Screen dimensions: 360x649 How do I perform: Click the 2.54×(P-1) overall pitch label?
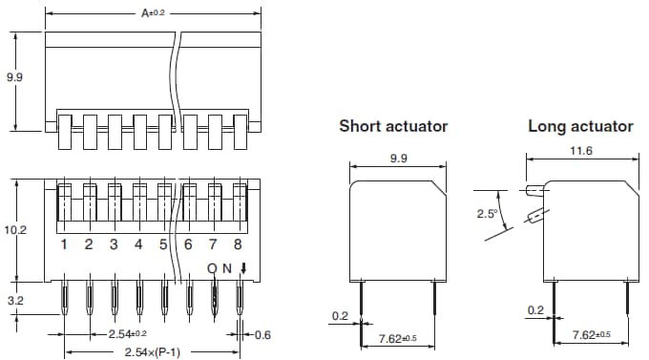153,352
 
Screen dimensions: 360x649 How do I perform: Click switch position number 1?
64,245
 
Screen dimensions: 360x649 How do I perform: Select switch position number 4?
138,245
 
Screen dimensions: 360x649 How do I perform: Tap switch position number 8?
238,245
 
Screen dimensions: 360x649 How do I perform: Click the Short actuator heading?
393,126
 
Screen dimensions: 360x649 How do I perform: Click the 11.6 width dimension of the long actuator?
579,150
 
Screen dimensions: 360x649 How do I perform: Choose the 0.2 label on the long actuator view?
534,310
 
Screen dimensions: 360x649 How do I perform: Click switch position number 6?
188,245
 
